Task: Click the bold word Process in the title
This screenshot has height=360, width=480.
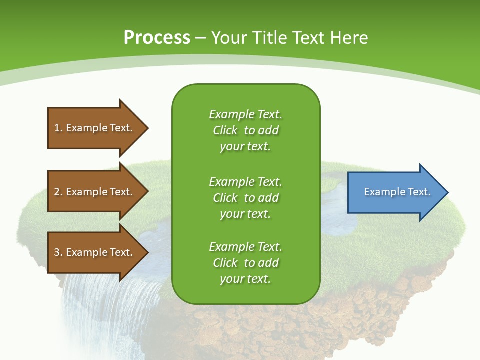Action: pyautogui.click(x=157, y=37)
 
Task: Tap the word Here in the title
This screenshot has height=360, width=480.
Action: pyautogui.click(x=349, y=37)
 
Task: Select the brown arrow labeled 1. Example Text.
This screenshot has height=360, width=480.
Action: pyautogui.click(x=95, y=128)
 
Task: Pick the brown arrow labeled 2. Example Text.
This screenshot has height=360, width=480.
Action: pyautogui.click(x=95, y=192)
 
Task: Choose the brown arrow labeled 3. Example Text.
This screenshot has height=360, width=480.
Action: pyautogui.click(x=95, y=252)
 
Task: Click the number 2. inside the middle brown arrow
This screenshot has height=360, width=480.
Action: pyautogui.click(x=58, y=192)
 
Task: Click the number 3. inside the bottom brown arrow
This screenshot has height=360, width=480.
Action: pyautogui.click(x=58, y=252)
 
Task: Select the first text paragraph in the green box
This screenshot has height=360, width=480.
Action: pyautogui.click(x=245, y=130)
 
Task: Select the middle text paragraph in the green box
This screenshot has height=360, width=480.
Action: pyautogui.click(x=245, y=198)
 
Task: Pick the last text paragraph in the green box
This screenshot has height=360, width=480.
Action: pyautogui.click(x=245, y=263)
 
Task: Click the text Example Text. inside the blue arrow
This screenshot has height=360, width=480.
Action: pyautogui.click(x=397, y=192)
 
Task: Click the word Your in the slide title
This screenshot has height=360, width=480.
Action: pyautogui.click(x=228, y=37)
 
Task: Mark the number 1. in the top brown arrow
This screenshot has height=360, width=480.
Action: pyautogui.click(x=58, y=128)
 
